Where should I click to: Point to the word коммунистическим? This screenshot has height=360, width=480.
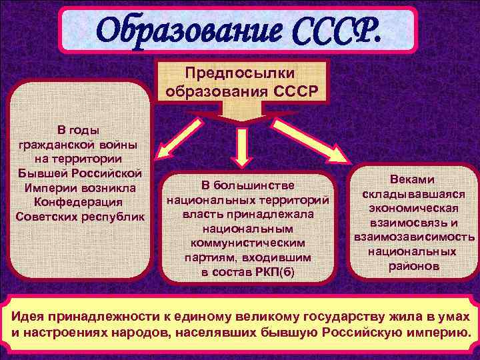(247, 243)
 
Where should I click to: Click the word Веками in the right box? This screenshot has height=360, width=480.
(413, 179)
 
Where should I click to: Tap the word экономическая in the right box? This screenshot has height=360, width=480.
(413, 208)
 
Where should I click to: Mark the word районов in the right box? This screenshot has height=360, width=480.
(413, 265)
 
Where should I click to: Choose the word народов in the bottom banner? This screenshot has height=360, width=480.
(139, 331)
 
